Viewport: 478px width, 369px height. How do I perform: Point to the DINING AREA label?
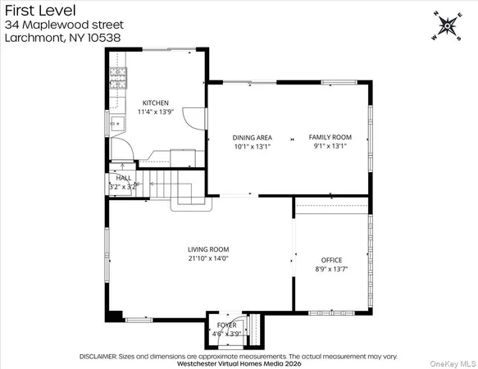coord(252,138)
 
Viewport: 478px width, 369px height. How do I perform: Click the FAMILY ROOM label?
coord(330,138)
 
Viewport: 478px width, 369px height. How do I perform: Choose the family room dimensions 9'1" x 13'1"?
coord(330,146)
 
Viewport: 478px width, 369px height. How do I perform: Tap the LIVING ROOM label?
coord(208,249)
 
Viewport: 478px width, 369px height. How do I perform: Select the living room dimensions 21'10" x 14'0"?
coord(208,258)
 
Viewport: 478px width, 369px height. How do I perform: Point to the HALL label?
coord(123,178)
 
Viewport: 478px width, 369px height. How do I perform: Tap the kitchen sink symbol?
coord(116,125)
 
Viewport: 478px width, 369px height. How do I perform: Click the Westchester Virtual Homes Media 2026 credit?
coord(238,364)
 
